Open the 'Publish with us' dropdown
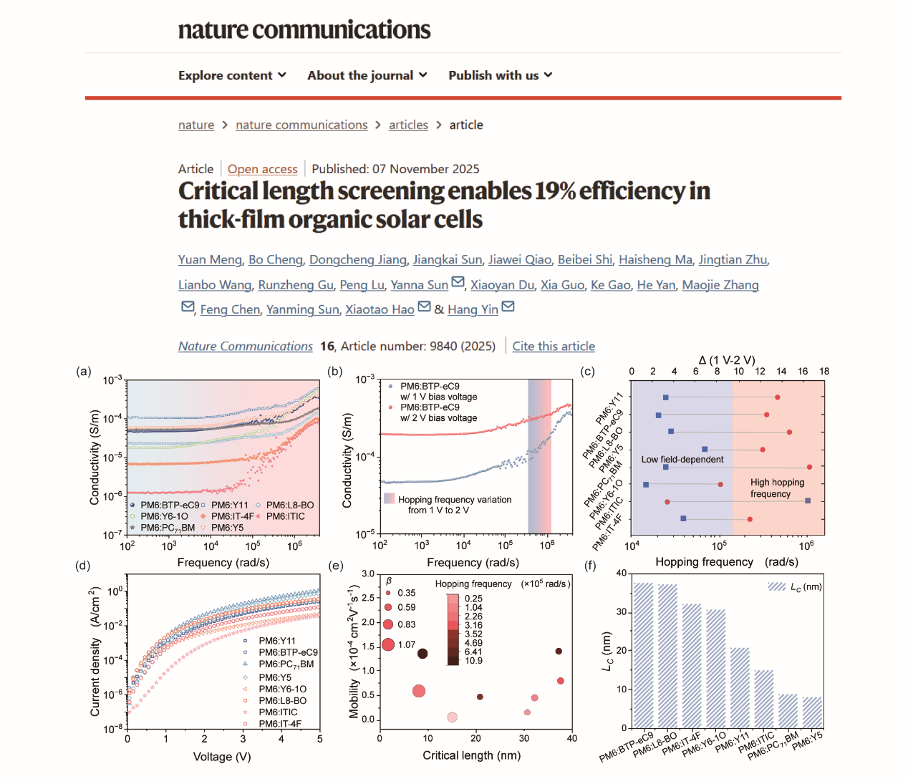click(500, 75)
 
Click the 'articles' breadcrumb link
click(408, 125)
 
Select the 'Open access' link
click(262, 169)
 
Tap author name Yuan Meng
click(210, 260)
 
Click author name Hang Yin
click(473, 309)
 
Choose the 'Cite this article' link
click(554, 347)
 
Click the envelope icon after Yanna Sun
click(458, 283)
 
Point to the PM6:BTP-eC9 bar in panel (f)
click(643, 655)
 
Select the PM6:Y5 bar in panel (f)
click(812, 712)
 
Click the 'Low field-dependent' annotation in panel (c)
click(682, 460)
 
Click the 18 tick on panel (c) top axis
click(824, 372)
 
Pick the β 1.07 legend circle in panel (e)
click(388, 644)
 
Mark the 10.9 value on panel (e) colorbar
click(473, 661)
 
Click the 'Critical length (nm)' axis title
click(471, 755)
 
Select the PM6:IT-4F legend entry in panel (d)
click(279, 724)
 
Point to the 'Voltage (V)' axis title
click(222, 757)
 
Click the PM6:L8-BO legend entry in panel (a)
click(289, 505)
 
